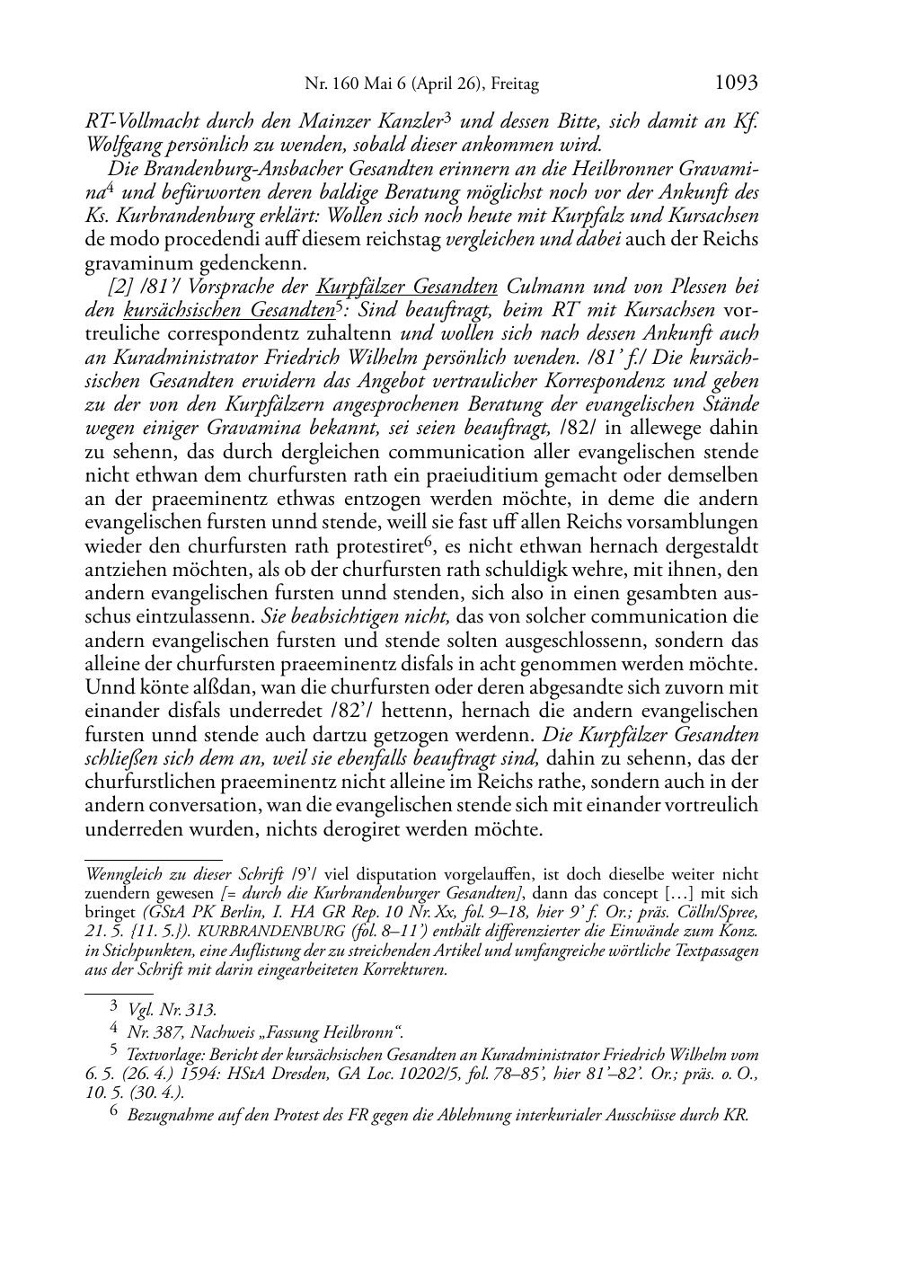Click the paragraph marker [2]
point(119,288)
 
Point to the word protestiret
point(378,546)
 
